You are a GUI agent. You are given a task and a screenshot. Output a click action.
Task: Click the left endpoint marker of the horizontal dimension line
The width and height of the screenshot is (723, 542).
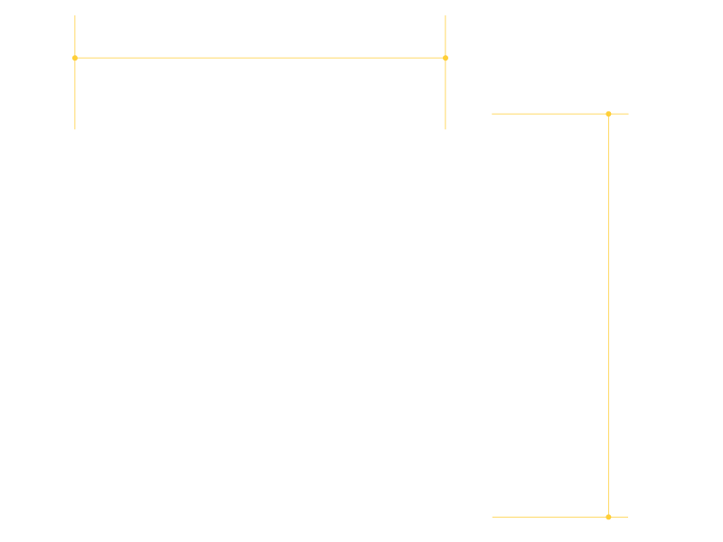75,58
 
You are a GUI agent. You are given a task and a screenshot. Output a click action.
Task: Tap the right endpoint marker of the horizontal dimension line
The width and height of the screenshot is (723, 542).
446,58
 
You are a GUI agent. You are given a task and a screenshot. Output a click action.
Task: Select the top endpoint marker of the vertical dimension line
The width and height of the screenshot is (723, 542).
608,114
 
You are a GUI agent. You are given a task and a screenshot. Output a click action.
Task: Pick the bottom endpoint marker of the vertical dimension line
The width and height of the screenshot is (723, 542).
608,517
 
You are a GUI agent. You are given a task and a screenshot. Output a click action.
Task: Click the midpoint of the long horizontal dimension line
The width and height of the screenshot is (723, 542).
260,58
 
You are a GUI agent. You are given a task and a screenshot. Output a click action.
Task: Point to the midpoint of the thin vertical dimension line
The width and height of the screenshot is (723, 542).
608,315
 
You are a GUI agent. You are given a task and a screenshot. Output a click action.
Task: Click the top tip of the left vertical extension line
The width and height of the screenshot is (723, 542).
75,15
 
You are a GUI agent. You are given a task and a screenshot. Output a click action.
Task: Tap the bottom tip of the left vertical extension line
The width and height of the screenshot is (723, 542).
75,129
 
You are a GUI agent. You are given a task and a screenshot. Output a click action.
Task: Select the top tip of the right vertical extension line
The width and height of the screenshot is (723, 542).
446,15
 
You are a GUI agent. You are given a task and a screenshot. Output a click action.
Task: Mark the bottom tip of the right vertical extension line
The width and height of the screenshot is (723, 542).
446,129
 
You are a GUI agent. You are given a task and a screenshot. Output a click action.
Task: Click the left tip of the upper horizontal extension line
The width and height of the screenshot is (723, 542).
492,114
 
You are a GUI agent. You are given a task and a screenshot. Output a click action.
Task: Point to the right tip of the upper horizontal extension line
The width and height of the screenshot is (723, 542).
628,114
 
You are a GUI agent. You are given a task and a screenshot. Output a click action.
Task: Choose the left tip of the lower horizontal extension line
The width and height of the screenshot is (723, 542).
492,517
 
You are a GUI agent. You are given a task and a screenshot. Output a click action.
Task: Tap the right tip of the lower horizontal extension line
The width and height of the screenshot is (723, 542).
628,517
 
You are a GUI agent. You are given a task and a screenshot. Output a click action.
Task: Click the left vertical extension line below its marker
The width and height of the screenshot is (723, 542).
75,95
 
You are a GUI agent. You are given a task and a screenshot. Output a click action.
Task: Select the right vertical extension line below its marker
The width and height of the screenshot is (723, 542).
446,95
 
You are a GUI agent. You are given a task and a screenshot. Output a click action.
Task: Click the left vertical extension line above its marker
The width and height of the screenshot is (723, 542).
75,36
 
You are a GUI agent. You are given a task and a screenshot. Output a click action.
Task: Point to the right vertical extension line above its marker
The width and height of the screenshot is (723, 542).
446,36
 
